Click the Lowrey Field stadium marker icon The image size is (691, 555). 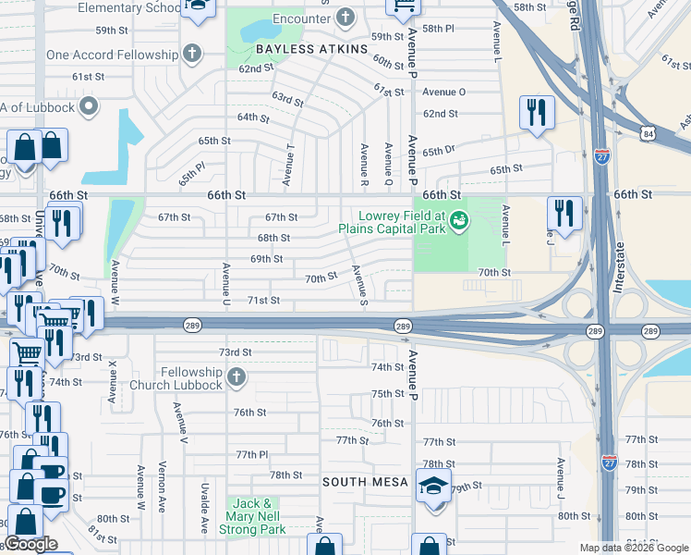[459, 220]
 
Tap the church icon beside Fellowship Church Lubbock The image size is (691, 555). [236, 376]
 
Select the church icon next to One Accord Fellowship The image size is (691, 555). [192, 55]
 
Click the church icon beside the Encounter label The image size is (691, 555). [345, 18]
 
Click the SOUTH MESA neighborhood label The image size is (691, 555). [365, 483]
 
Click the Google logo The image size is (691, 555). [30, 544]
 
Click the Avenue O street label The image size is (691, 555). [443, 92]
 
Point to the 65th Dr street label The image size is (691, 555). [440, 152]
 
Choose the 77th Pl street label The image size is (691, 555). [251, 455]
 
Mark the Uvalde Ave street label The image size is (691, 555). [205, 507]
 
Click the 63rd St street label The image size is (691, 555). [287, 98]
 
